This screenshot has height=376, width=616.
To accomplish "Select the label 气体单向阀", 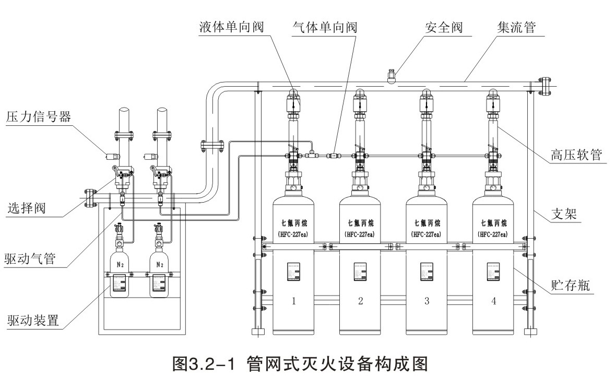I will click(324, 26).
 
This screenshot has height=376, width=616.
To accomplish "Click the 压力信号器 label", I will click(39, 116).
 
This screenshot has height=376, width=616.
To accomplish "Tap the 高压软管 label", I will click(577, 155).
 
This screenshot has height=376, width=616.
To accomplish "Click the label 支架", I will click(566, 214).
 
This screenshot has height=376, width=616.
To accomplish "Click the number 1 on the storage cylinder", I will click(294, 301).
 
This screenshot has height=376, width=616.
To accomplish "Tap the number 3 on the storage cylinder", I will click(427, 301).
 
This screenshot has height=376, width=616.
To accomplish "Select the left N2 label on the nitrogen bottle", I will click(120, 264).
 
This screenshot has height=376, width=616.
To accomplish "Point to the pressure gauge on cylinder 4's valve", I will click(493, 185).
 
